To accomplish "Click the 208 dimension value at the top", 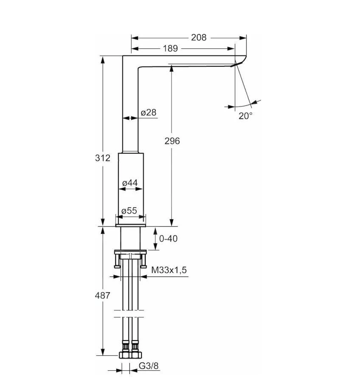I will (199, 37).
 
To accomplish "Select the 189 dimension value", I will (170, 49).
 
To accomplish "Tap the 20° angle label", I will (245, 116).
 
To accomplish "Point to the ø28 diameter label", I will (149, 113).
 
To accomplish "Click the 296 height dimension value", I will (172, 141).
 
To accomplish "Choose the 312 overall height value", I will (102, 158).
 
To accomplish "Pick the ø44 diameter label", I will (130, 183).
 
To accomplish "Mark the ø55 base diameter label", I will (129, 211).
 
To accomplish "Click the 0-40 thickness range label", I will (168, 239).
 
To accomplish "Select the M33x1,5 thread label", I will (169, 270).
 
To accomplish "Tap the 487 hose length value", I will (102, 295).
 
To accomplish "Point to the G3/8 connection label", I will (149, 365).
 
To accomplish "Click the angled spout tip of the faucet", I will (240, 62).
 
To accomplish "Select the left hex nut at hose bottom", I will (124, 355).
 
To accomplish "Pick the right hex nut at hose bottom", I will (136, 355).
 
